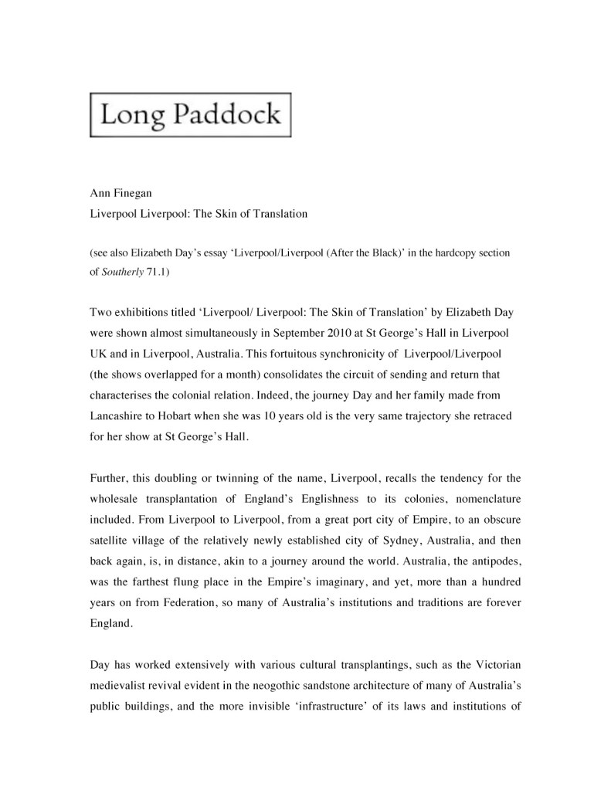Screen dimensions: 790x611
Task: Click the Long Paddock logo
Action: coord(191,115)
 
